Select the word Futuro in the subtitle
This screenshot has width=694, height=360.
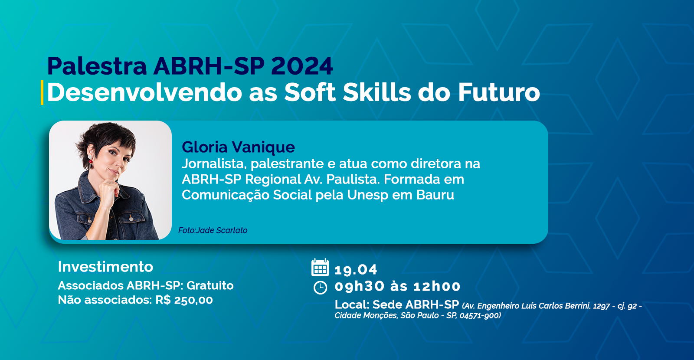pos(499,92)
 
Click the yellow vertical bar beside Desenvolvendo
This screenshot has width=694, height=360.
pos(42,92)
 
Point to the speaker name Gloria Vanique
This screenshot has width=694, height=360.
pos(238,147)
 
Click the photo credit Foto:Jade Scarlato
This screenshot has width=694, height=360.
pos(213,230)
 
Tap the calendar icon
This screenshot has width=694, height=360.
pos(320,267)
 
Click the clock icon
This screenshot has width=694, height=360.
pos(321,287)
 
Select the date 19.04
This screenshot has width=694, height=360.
pos(356,269)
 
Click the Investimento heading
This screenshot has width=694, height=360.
pos(105,267)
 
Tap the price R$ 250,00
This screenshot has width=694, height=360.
pos(184,300)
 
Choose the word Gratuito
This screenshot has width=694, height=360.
pos(210,285)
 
